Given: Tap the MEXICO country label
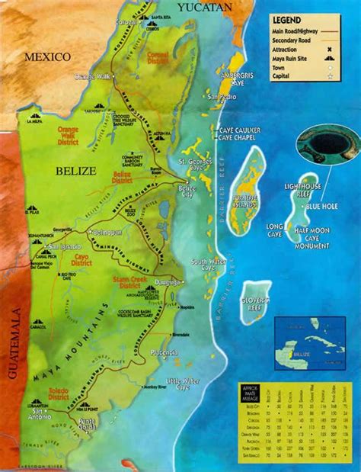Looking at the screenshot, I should (46, 57).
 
